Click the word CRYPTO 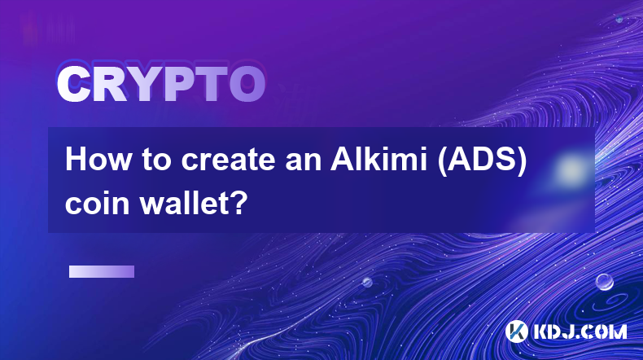[161, 84]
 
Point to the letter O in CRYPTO [247, 84]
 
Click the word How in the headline [98, 160]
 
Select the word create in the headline [229, 160]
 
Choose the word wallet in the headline [182, 203]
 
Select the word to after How [155, 161]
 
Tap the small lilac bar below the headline [102, 272]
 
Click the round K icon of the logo [517, 331]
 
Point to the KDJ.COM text [580, 331]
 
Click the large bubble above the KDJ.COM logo [605, 282]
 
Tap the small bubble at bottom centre [367, 282]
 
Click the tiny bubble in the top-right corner [619, 19]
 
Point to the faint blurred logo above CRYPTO [48, 29]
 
